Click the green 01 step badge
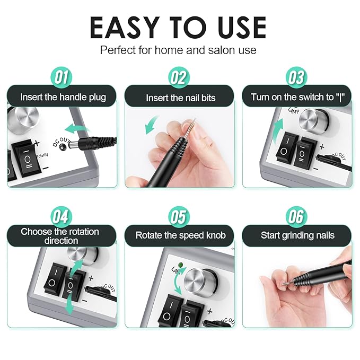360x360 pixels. (62, 77)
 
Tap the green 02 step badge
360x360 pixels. (179, 77)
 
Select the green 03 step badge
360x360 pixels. (296, 77)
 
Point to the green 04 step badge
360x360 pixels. (62, 217)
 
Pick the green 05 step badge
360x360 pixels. (179, 217)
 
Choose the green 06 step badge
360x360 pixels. (296, 217)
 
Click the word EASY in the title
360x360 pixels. (125, 28)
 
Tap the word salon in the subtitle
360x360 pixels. (221, 50)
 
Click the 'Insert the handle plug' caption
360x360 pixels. (63, 97)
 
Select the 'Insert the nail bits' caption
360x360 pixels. (181, 98)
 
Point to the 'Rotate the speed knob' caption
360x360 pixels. (181, 235)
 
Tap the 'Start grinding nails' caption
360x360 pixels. (297, 235)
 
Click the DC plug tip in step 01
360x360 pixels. (74, 145)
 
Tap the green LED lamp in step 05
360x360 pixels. (181, 265)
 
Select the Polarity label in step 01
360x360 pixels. (42, 155)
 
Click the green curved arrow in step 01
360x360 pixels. (77, 130)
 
